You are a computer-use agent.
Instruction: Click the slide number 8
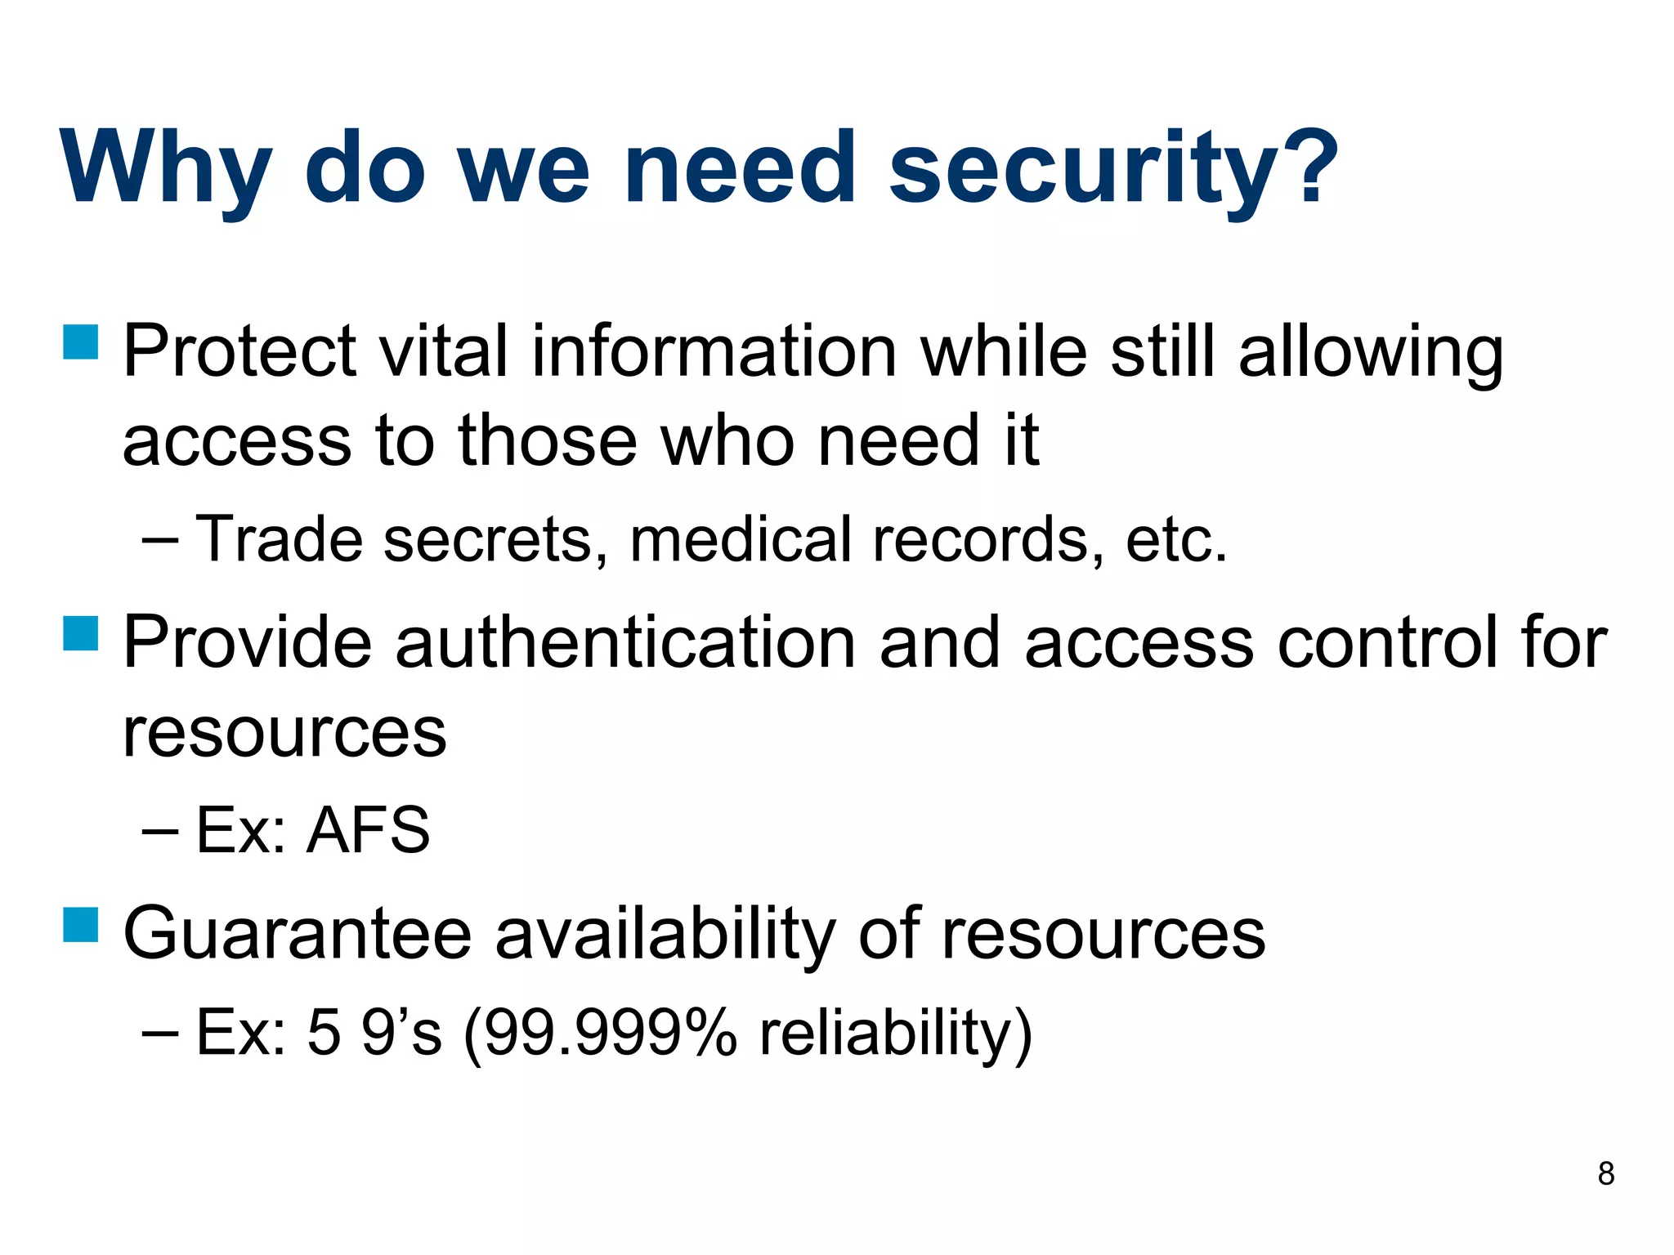coord(1605,1174)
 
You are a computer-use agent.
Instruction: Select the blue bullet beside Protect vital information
coord(81,342)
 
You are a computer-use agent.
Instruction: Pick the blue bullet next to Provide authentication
coord(81,633)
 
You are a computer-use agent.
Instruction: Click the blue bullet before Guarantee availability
coord(81,924)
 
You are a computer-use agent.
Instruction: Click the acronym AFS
coord(368,830)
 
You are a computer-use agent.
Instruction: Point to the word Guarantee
coord(298,933)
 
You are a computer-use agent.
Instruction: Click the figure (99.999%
coord(600,1033)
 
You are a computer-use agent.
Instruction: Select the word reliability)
coord(896,1033)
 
